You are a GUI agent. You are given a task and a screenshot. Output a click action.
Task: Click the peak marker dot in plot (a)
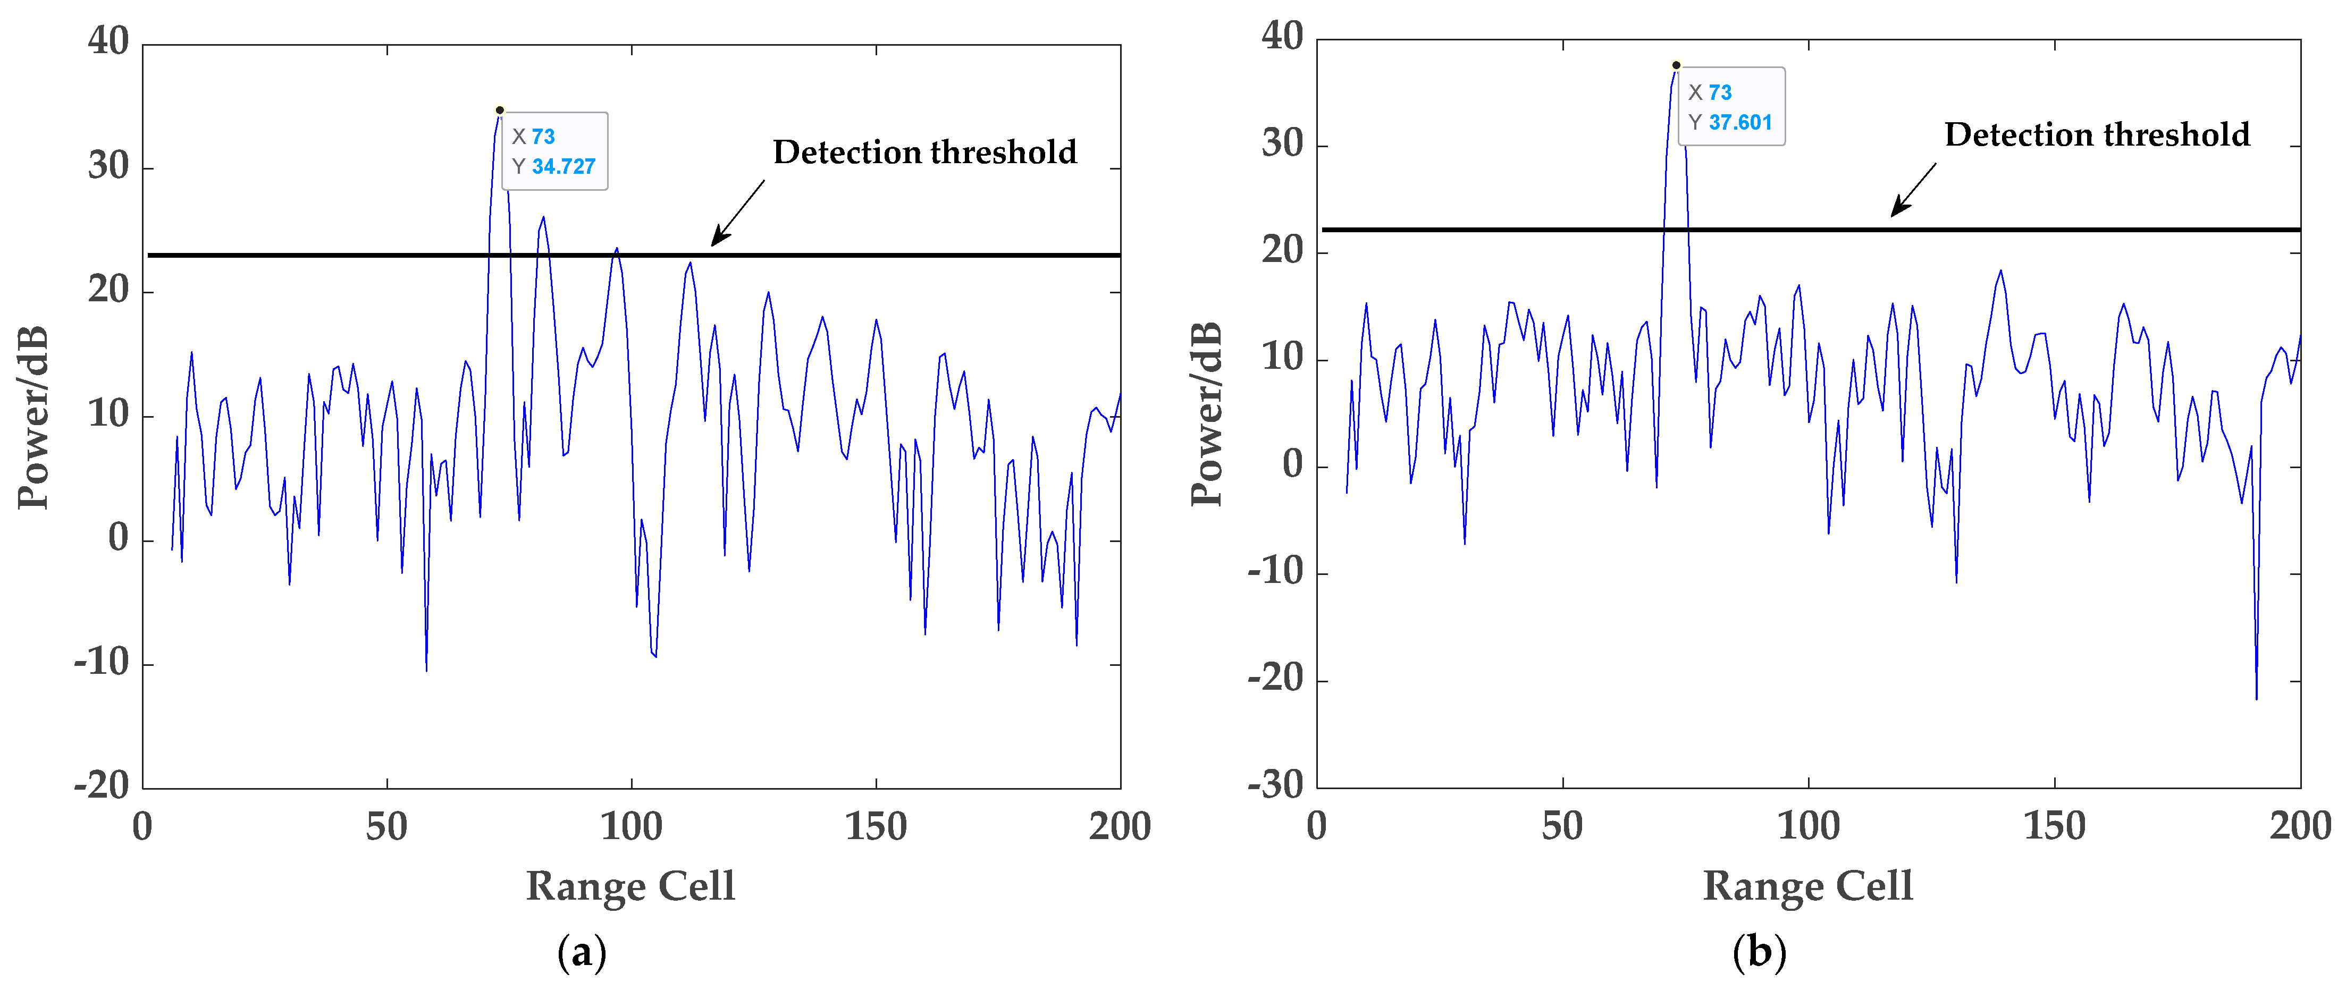(500, 110)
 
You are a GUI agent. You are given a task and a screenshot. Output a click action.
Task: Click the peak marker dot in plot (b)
(1676, 65)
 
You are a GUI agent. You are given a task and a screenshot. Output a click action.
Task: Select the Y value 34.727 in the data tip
(563, 167)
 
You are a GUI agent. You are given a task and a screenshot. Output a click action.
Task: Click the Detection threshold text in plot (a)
(924, 152)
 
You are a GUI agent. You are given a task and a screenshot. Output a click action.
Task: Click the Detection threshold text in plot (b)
(2097, 135)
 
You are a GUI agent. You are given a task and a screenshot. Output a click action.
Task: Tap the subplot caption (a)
(581, 953)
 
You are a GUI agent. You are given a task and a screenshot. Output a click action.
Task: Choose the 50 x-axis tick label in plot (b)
(1562, 826)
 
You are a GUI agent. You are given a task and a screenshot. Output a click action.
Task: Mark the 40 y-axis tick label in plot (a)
(108, 41)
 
